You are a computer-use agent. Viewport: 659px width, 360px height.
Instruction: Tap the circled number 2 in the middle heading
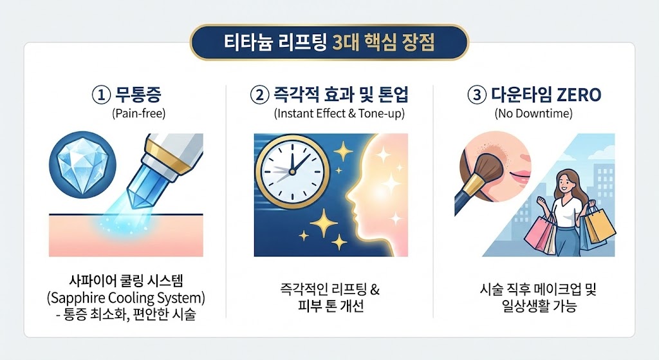point(259,96)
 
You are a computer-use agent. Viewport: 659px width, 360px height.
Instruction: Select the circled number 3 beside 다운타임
point(476,96)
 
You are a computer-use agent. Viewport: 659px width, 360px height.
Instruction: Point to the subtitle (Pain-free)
point(138,114)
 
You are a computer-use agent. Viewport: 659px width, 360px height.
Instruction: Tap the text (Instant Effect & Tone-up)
point(330,114)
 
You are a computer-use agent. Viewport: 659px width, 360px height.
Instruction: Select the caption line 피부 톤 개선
point(330,305)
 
